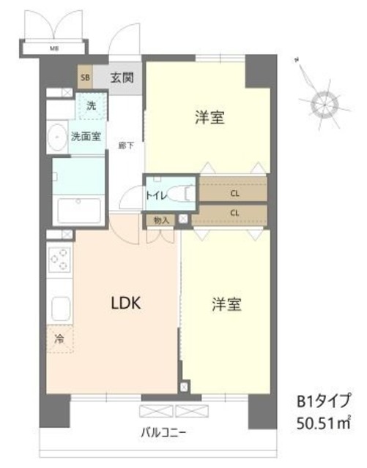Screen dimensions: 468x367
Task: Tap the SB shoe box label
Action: [85, 77]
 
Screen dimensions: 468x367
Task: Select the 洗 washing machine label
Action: [91, 106]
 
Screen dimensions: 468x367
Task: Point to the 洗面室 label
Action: [86, 135]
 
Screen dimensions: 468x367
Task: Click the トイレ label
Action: [157, 195]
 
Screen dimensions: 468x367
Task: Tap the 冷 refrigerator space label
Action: [59, 339]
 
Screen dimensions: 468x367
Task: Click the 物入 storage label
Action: [161, 219]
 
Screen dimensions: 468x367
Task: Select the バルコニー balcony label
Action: [163, 432]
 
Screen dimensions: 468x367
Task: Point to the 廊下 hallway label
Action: [125, 146]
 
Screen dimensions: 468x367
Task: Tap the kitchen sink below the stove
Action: [59, 309]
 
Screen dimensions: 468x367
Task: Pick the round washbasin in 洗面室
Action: [56, 138]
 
